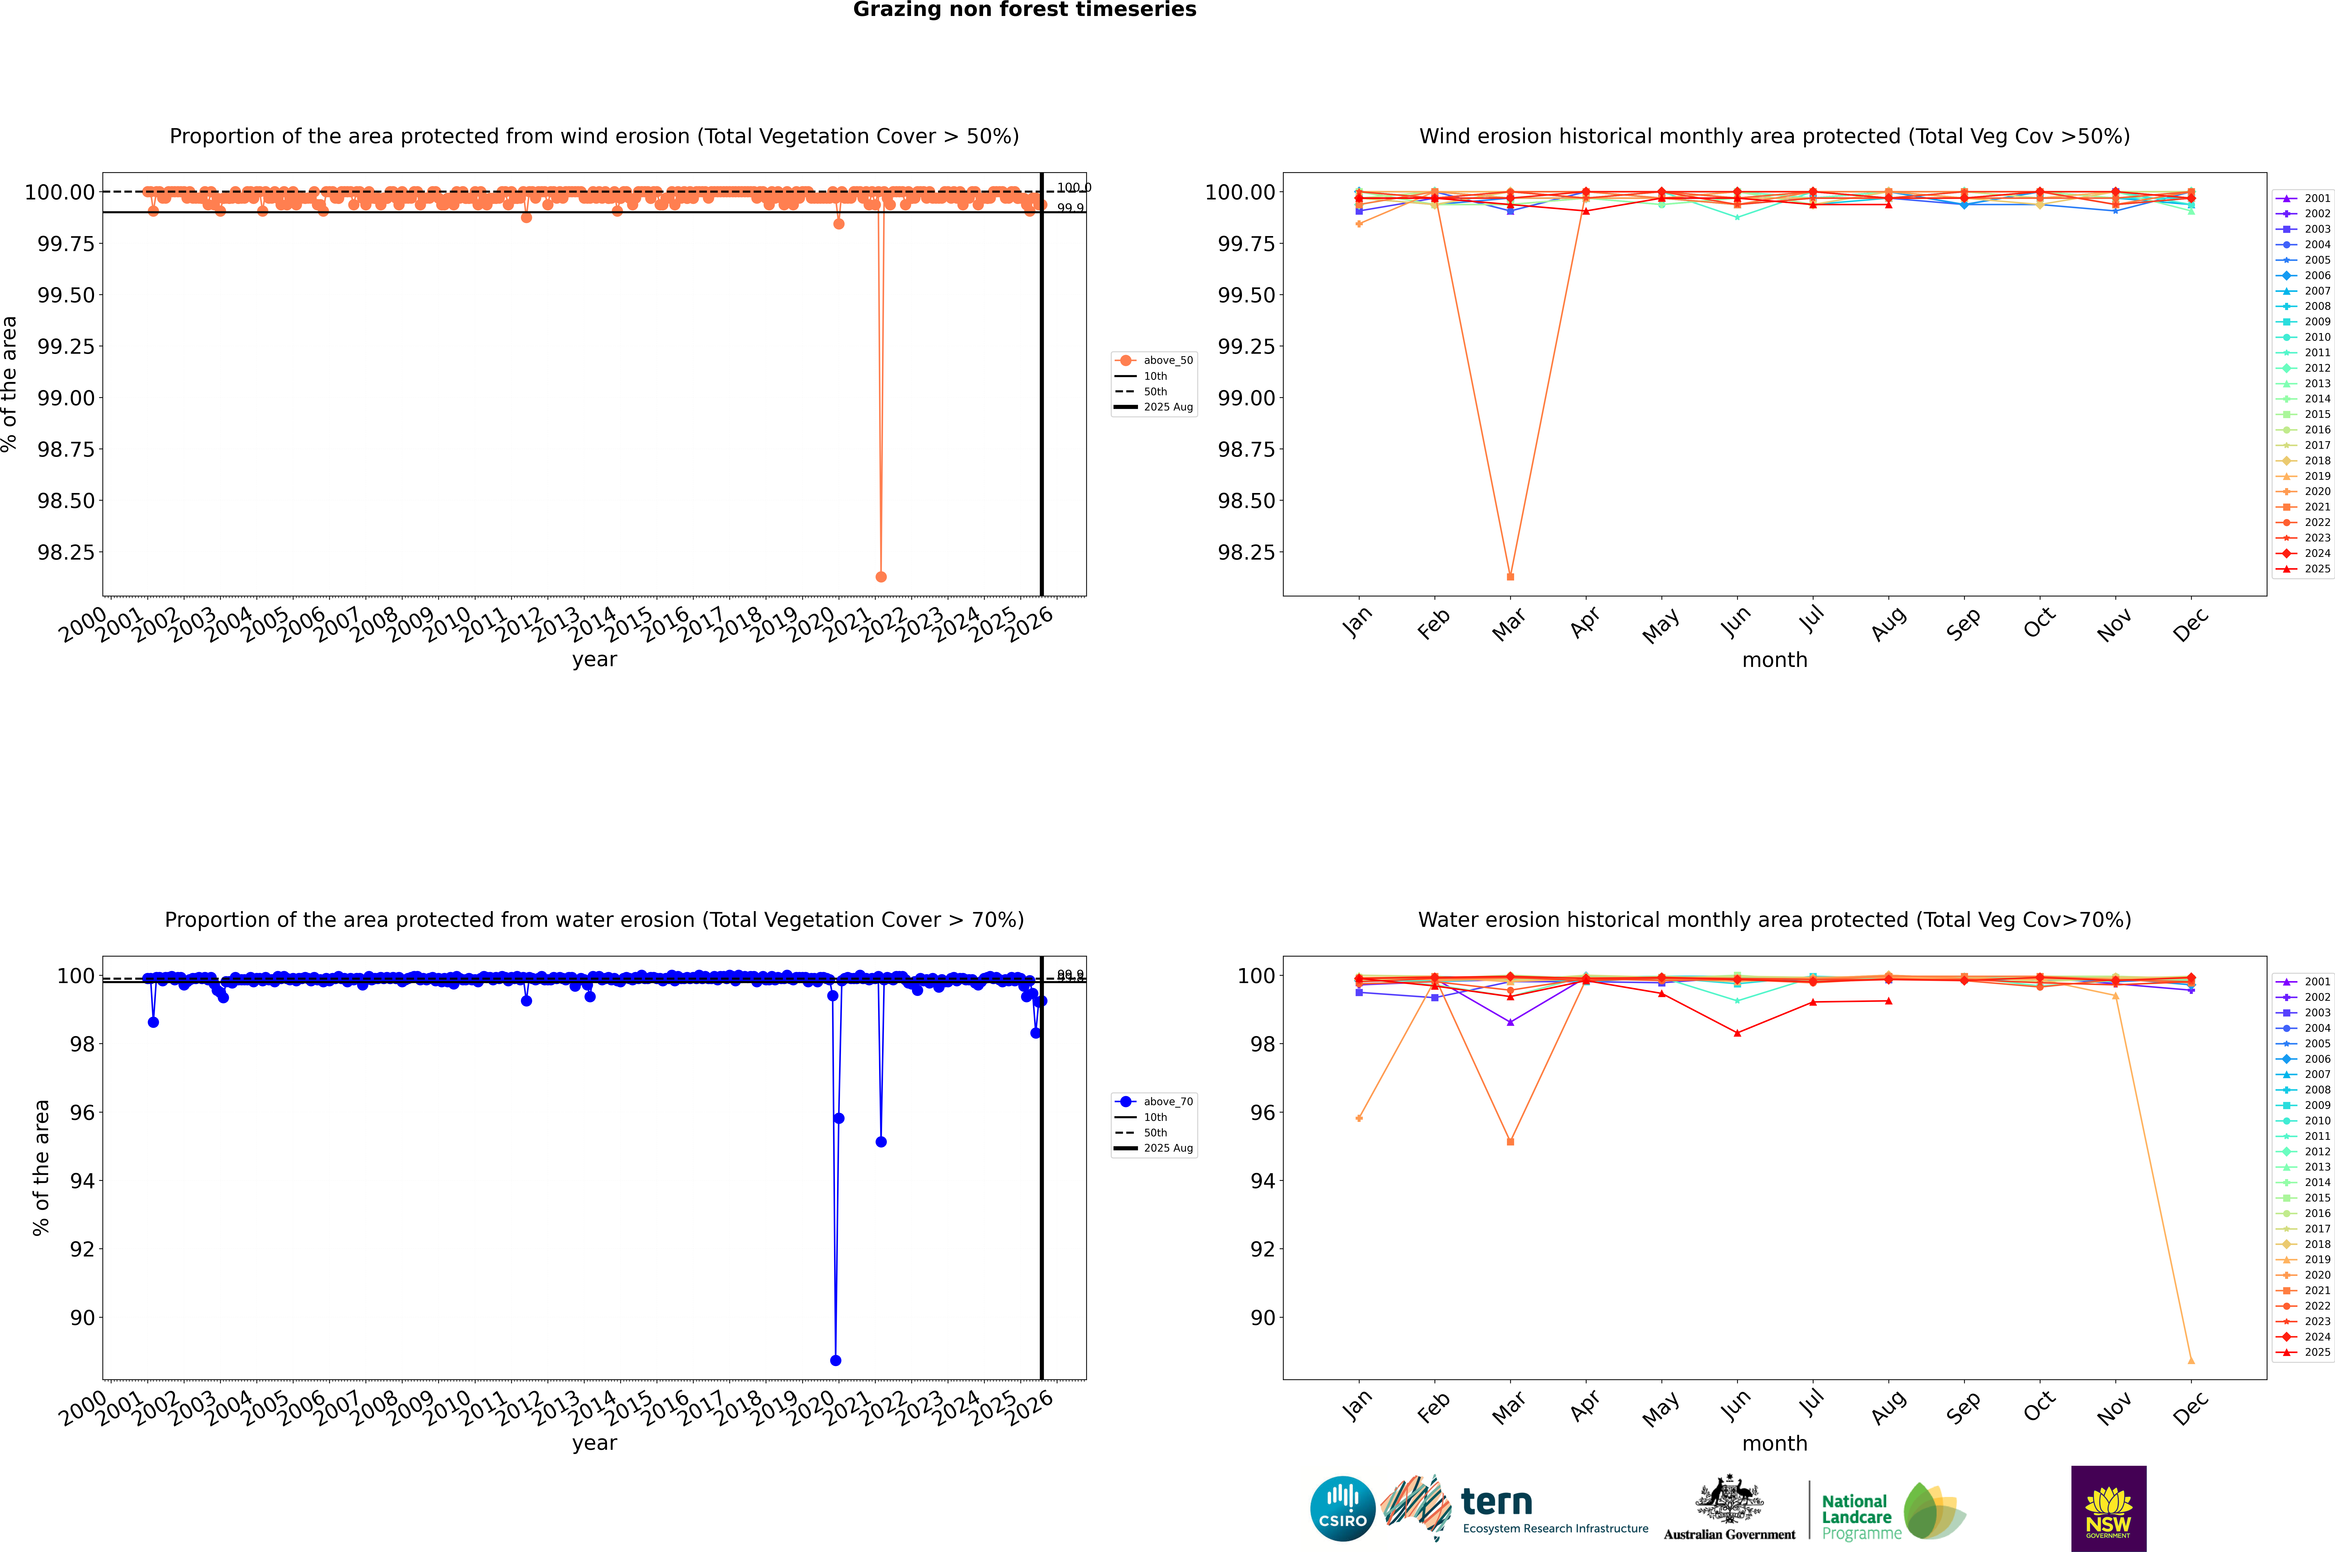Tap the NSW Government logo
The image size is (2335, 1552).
point(2108,1509)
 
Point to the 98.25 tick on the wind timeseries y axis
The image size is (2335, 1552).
point(66,552)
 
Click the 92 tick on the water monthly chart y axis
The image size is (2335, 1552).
point(1263,1249)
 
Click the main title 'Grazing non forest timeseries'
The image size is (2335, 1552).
point(1025,10)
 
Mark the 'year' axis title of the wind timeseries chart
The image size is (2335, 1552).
point(594,659)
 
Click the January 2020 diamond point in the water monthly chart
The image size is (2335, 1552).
point(1359,1118)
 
